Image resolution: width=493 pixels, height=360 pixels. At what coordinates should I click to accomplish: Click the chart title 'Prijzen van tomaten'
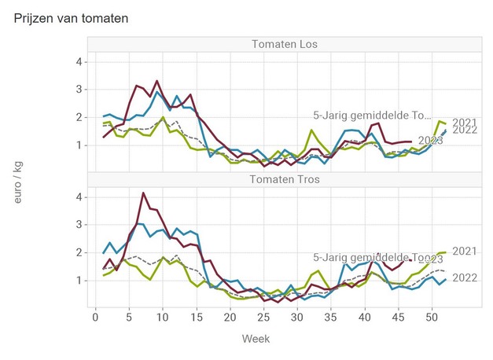[72, 17]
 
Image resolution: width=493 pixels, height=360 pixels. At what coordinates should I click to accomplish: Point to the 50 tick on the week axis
[431, 316]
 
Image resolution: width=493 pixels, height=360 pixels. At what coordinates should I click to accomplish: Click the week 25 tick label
[263, 316]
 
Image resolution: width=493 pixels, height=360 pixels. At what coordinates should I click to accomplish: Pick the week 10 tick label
[162, 316]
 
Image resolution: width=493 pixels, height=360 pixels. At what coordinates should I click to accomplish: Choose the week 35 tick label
[330, 316]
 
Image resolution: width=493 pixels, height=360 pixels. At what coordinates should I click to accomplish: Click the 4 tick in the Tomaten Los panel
[79, 61]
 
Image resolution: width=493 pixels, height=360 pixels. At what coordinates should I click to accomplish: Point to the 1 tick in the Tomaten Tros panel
[79, 280]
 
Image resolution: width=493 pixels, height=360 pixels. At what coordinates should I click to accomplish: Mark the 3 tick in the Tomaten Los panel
[79, 90]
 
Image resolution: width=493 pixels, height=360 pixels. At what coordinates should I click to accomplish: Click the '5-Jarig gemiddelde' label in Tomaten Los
[370, 116]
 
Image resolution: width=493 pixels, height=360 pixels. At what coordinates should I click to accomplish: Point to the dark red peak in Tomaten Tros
[143, 193]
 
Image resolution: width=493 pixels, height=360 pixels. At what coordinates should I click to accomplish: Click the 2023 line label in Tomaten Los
[430, 141]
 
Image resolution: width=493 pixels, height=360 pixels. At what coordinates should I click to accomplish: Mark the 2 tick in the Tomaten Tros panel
[79, 252]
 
